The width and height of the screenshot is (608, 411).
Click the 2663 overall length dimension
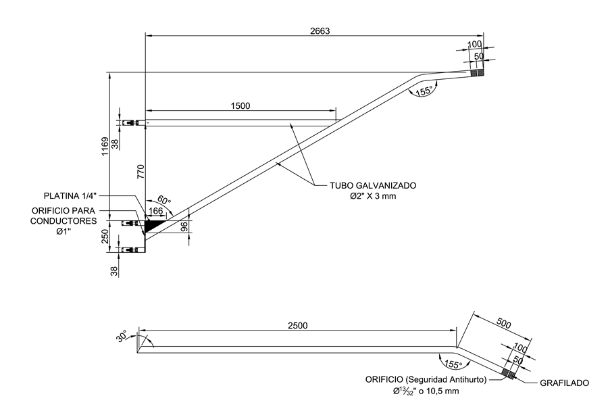click(x=320, y=30)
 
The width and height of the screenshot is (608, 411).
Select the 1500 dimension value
click(x=240, y=105)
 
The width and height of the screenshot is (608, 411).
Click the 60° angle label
click(x=165, y=201)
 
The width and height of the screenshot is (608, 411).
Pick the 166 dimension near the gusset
click(x=156, y=212)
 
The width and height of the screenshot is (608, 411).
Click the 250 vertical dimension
click(x=106, y=237)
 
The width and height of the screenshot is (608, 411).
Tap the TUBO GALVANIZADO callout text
click(x=373, y=185)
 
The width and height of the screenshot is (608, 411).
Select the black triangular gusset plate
click(x=152, y=224)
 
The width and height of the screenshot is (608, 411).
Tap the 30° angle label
click(x=122, y=336)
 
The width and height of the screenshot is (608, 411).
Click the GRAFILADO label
click(x=564, y=383)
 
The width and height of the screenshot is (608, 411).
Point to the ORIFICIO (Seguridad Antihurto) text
click(x=425, y=380)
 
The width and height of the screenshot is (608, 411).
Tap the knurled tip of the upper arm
click(x=478, y=72)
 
